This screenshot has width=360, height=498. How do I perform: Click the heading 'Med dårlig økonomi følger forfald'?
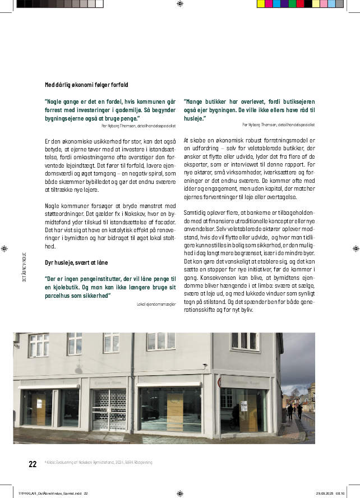click(86, 85)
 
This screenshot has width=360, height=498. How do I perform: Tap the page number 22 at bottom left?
click(33, 464)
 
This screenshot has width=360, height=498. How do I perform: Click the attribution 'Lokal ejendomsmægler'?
click(156, 304)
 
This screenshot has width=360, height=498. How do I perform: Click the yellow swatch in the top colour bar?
click(261, 3)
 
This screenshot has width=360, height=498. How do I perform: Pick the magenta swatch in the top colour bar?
click(269, 3)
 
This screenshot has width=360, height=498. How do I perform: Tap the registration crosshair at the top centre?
click(179, 4)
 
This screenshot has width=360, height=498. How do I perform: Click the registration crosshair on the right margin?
click(356, 248)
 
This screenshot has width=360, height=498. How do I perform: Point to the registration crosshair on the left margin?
click(4, 248)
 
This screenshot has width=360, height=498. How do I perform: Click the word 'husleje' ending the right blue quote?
click(194, 118)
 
